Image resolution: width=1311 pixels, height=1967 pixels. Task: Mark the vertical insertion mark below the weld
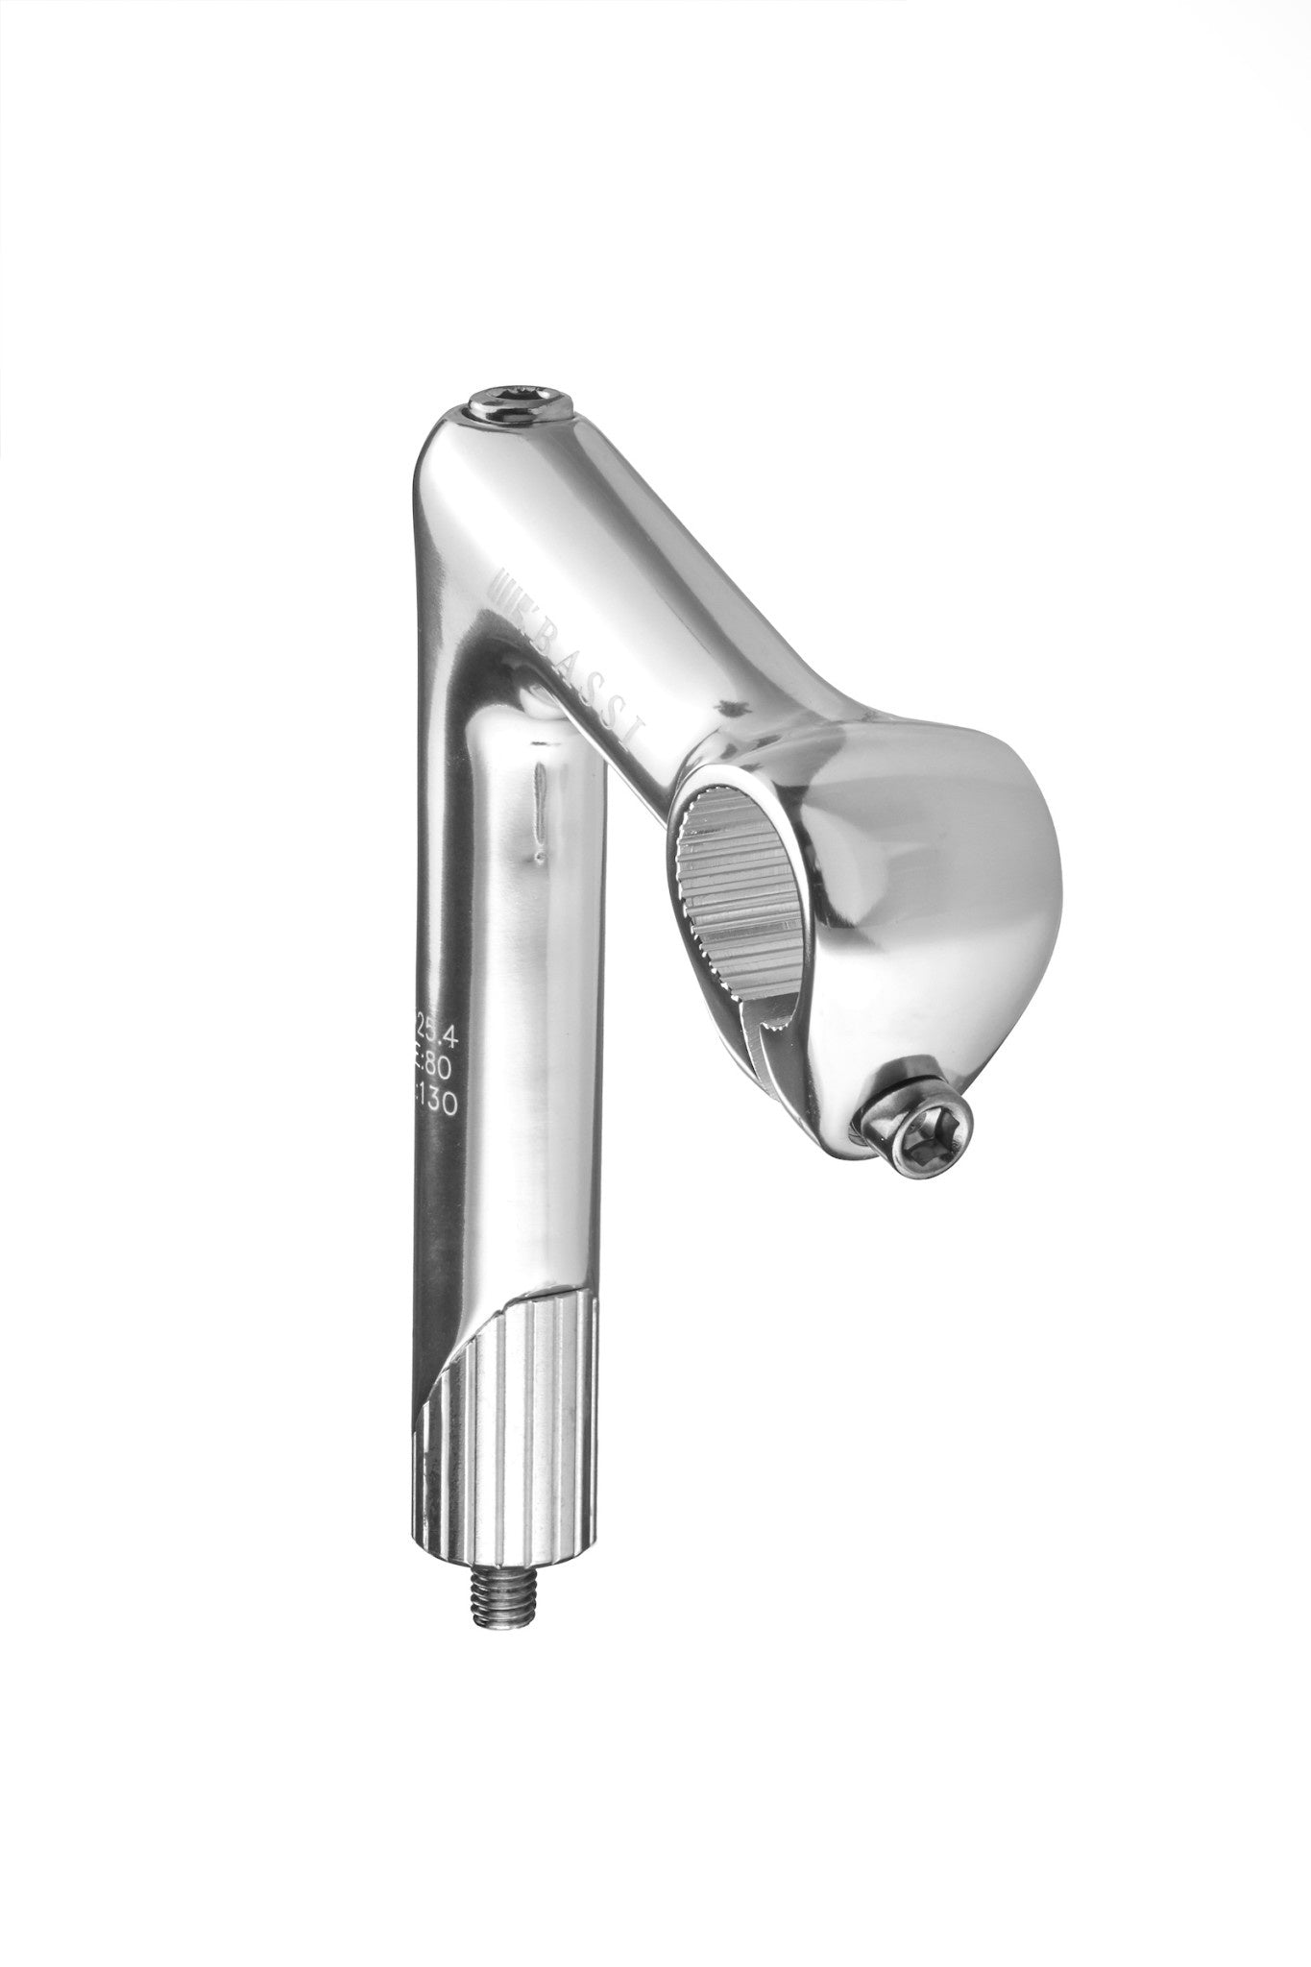click(541, 794)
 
